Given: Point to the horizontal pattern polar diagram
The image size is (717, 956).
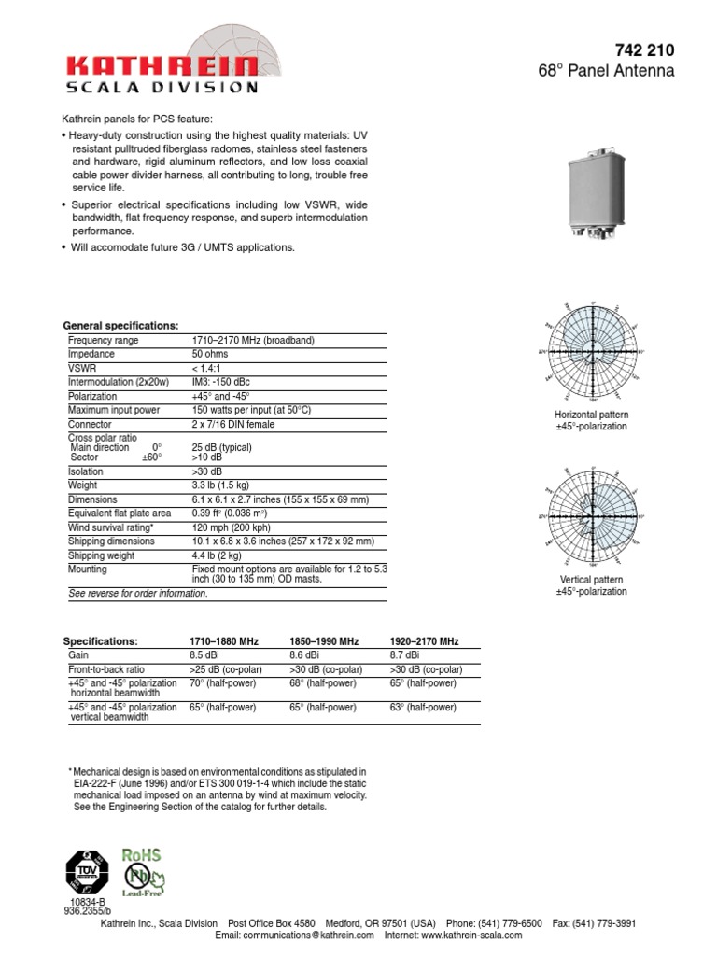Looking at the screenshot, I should coord(590,353).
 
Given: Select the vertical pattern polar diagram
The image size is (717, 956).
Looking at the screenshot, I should coord(590,516).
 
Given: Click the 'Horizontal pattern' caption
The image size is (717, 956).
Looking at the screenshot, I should coord(591,414).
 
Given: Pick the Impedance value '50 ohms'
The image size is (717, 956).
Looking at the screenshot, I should coord(212,355).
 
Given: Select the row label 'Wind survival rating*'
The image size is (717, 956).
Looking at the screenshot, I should coord(111,527).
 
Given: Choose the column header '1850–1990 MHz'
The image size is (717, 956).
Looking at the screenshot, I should coord(324,642).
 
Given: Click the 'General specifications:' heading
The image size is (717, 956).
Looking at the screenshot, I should coord(120,325).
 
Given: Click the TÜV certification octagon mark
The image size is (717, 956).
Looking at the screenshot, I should coord(87,872).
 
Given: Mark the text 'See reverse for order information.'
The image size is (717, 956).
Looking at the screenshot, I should coord(138,594).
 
